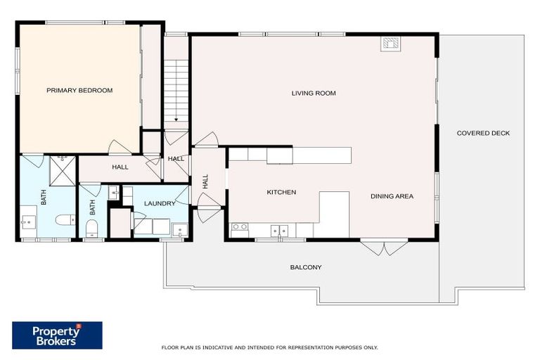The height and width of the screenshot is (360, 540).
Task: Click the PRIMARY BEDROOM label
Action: tap(79, 90)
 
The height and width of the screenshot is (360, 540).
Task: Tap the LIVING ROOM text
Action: tap(314, 93)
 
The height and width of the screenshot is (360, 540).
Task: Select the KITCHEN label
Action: tap(281, 192)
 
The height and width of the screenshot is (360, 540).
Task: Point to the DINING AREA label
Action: tap(392, 196)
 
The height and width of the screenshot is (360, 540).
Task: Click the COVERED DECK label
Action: tap(483, 133)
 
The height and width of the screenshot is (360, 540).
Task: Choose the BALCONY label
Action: tap(306, 267)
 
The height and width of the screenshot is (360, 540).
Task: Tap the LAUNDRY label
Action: tap(159, 203)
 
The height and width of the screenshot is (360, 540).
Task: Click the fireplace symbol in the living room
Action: tap(390, 44)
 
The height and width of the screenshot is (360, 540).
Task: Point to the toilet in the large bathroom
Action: tap(65, 221)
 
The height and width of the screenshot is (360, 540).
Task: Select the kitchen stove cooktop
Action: tap(240, 227)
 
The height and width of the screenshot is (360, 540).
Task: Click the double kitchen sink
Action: tap(280, 229)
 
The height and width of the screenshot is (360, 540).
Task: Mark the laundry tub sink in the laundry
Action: tap(179, 229)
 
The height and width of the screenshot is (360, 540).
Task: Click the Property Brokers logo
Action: tap(57, 335)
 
